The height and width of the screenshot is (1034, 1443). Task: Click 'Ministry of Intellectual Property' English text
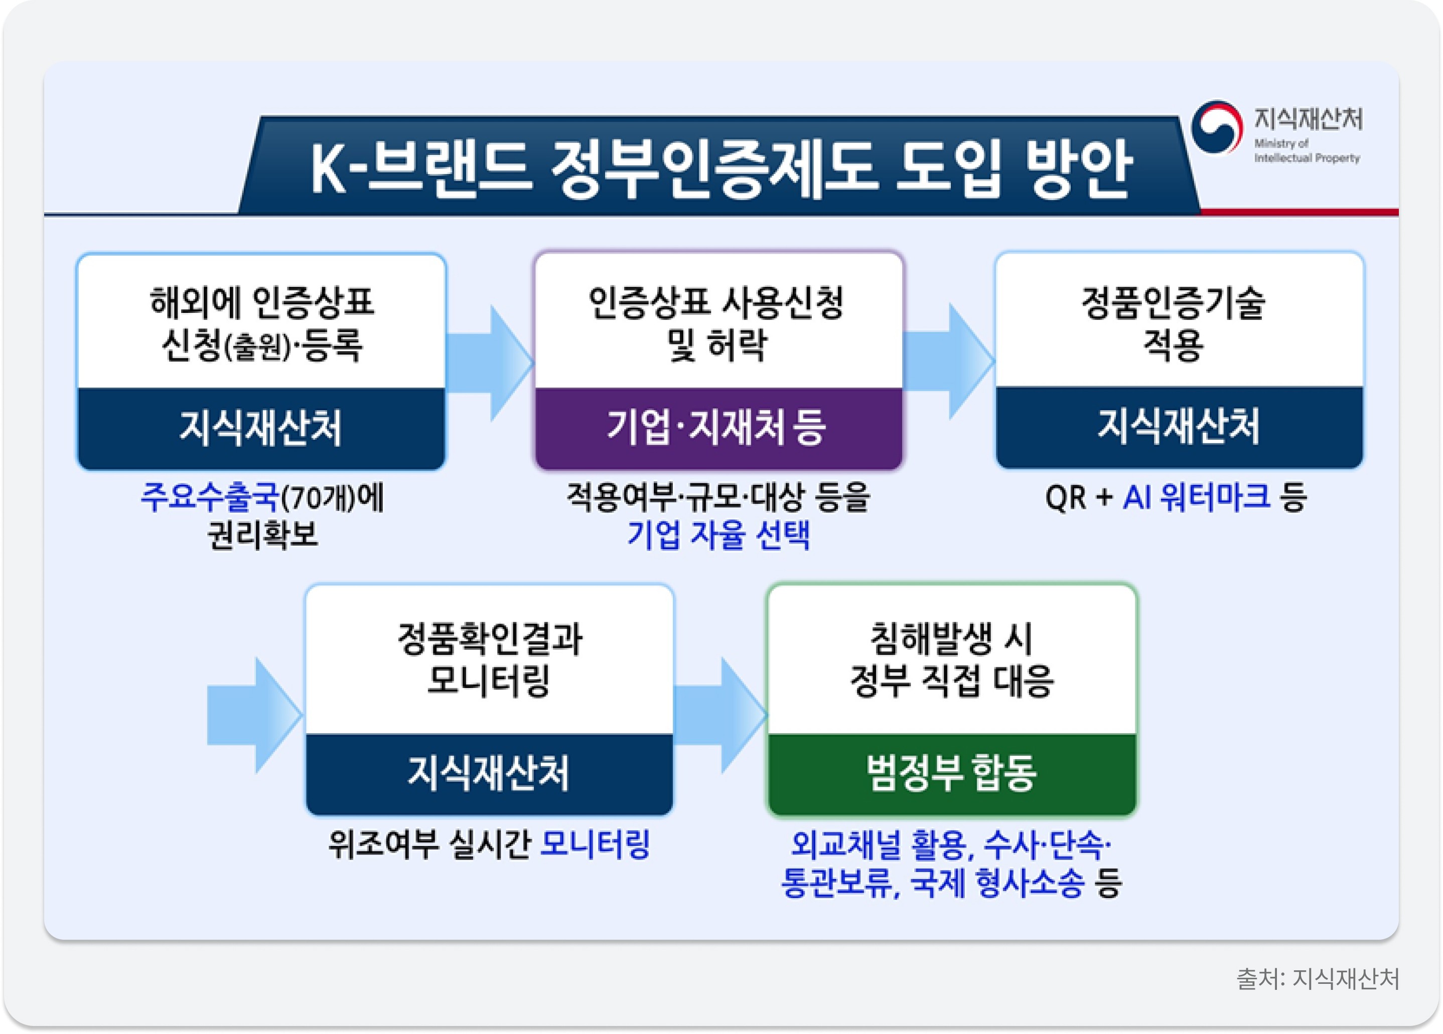pyautogui.click(x=1306, y=151)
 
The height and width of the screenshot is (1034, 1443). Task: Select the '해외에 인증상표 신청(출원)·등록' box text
pyautogui.click(x=261, y=323)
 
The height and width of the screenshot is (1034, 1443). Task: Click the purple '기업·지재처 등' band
pyautogui.click(x=718, y=427)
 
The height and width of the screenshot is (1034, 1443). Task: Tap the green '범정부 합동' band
pyautogui.click(x=951, y=773)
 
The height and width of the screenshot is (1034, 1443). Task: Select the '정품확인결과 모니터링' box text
pyautogui.click(x=489, y=659)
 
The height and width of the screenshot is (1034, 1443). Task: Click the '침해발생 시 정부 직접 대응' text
pyautogui.click(x=951, y=659)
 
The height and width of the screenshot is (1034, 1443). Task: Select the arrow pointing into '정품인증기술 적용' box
pyautogui.click(x=949, y=361)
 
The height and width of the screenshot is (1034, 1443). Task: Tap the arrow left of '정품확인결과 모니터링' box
pyautogui.click(x=254, y=715)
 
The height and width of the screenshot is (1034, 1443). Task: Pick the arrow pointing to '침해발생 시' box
pyautogui.click(x=721, y=715)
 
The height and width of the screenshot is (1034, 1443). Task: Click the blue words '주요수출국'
pyautogui.click(x=210, y=497)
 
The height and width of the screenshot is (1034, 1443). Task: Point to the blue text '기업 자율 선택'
pyautogui.click(x=718, y=534)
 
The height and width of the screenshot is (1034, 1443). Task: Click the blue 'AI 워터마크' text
pyautogui.click(x=1196, y=497)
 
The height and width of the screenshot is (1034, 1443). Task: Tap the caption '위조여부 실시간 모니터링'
pyautogui.click(x=489, y=844)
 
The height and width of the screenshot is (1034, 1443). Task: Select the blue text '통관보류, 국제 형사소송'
pyautogui.click(x=932, y=883)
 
